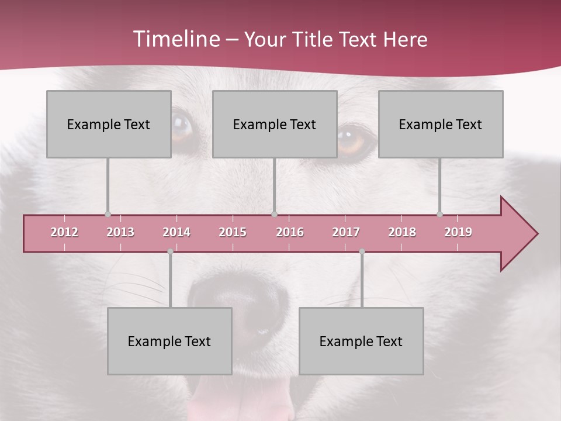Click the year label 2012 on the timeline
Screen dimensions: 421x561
point(64,232)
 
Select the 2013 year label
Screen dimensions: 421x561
point(120,232)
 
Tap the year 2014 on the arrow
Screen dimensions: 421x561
point(176,232)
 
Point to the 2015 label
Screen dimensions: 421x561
point(233,232)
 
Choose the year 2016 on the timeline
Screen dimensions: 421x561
point(290,232)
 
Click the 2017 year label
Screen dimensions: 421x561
point(346,232)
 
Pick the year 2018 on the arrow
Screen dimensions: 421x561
point(402,232)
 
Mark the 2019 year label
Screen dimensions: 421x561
point(458,232)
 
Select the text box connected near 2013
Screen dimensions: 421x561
point(109,124)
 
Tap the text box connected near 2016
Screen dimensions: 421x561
point(275,124)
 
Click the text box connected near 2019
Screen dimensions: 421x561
point(441,124)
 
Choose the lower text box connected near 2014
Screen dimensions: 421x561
point(169,341)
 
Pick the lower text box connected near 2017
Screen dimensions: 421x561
point(361,341)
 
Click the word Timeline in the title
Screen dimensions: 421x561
point(175,39)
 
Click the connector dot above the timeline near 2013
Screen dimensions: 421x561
point(108,215)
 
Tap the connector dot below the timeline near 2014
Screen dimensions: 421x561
point(170,251)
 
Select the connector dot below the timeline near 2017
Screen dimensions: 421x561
point(362,251)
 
